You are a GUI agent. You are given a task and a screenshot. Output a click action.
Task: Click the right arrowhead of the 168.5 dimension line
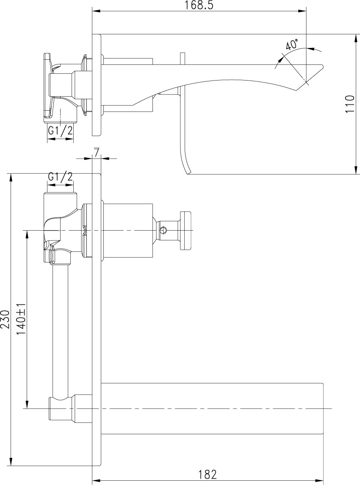point(302,11)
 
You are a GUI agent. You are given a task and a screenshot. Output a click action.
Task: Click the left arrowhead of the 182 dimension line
point(97,481)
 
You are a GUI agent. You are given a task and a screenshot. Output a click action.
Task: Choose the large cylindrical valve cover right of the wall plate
point(128,231)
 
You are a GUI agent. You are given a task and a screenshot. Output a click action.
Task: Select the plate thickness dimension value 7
point(97,152)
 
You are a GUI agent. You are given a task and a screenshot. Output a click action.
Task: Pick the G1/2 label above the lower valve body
point(60,177)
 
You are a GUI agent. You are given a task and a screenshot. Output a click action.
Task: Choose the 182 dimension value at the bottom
point(208,474)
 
